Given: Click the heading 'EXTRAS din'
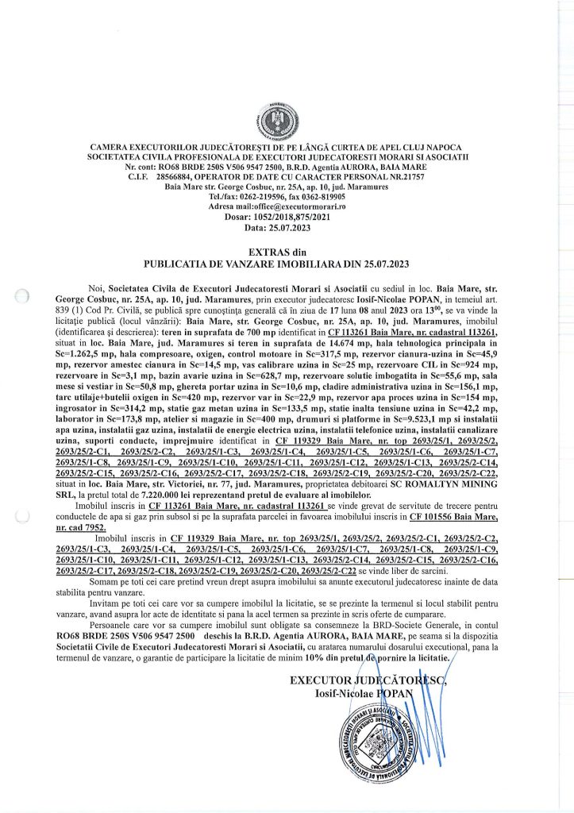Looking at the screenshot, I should point(287,252).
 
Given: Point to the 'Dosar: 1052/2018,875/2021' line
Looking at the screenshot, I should point(287,216).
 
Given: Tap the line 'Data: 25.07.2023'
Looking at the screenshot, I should point(287,227).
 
